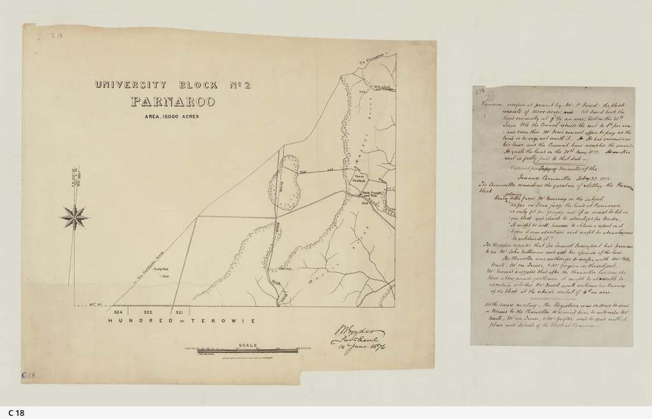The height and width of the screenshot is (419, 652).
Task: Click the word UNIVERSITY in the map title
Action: coord(131,85)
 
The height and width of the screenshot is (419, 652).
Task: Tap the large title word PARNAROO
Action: coord(173,102)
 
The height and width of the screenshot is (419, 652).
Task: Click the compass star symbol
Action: coord(74,217)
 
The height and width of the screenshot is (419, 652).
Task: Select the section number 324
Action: coord(118,313)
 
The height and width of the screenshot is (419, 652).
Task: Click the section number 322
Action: coord(148,313)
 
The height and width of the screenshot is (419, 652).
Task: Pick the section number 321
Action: coord(179,313)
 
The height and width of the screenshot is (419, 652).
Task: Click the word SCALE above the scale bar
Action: coord(248,346)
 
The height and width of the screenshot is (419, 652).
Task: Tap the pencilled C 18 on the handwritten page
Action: coord(480,91)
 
